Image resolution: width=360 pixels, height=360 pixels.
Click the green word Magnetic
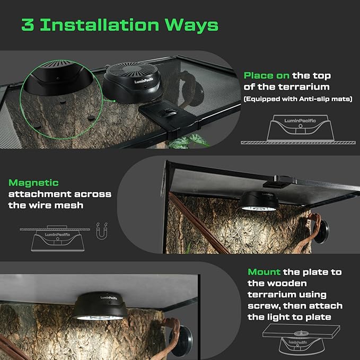click(33, 182)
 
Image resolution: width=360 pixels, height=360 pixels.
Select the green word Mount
click(264, 272)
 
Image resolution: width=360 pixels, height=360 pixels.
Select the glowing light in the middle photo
click(258, 208)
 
